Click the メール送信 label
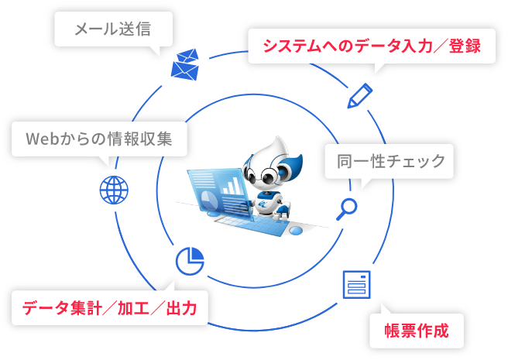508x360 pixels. pyautogui.click(x=112, y=30)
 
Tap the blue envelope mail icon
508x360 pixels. pyautogui.click(x=186, y=66)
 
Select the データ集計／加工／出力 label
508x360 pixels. pyautogui.click(x=109, y=309)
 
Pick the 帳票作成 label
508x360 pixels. pyautogui.click(x=417, y=331)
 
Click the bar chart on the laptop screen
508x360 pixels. pyautogui.click(x=231, y=186)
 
